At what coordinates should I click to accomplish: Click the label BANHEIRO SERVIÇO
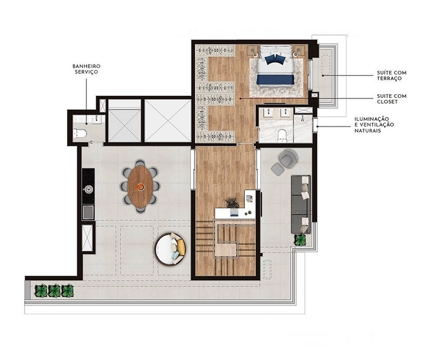pos(86,69)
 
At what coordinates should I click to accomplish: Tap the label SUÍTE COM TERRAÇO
pos(392,76)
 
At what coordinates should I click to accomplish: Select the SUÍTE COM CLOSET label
pos(392,99)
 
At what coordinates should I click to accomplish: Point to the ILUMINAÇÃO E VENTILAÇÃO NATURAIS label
pos(374,125)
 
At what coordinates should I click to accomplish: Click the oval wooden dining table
pos(140,187)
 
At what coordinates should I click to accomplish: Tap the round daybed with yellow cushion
pos(170,250)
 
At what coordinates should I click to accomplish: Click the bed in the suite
pos(275,66)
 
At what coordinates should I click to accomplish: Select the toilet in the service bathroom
pos(80,134)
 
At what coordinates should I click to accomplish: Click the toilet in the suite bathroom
pos(282,136)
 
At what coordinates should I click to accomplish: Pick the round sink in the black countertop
pos(88,189)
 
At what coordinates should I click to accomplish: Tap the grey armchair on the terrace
pos(288,157)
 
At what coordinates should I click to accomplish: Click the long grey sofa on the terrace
pos(301,205)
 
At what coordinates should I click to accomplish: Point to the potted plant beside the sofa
pos(300,240)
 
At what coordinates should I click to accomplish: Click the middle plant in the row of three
pos(54,291)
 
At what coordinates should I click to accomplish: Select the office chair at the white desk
pos(232,203)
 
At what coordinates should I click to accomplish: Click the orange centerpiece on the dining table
pos(140,187)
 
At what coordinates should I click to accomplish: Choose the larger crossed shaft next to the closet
pos(168,121)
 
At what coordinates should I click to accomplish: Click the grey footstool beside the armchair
pos(277,169)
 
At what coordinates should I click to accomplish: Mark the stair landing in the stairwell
pos(226,250)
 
